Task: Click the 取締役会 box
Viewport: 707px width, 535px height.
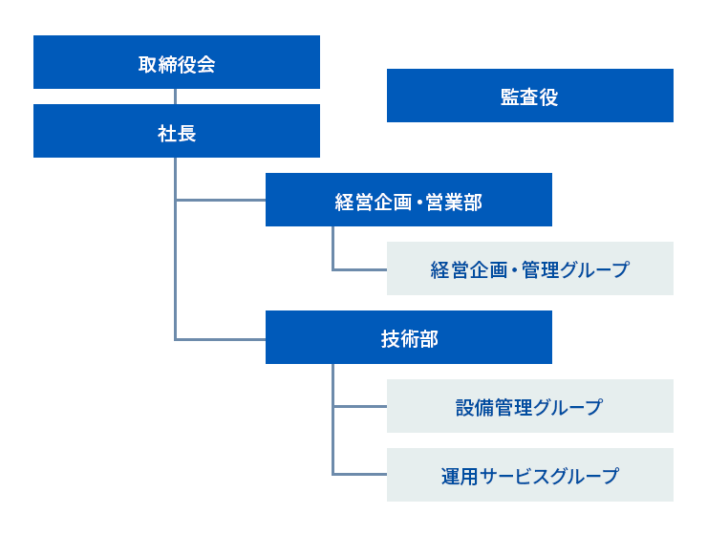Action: (x=177, y=62)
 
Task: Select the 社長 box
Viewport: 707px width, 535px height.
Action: (x=177, y=131)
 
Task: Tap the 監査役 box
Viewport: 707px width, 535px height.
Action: (x=530, y=96)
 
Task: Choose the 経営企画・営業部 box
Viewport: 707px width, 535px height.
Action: (x=409, y=200)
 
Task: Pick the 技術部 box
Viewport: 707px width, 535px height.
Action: (x=409, y=337)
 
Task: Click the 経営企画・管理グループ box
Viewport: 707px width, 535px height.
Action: (x=530, y=268)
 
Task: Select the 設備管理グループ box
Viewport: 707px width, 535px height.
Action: (x=530, y=406)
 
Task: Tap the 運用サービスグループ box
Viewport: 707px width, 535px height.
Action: (x=530, y=475)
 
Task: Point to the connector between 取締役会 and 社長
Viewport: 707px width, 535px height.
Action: (x=175, y=96)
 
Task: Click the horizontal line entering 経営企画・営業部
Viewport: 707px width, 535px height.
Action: (x=221, y=200)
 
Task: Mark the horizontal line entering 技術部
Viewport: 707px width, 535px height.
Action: (x=221, y=339)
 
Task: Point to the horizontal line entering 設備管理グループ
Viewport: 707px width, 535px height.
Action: (x=360, y=407)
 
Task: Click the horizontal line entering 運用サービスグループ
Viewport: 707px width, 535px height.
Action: (x=360, y=474)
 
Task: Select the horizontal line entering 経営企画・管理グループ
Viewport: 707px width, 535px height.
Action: (x=360, y=270)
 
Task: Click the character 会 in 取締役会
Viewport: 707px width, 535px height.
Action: (x=205, y=64)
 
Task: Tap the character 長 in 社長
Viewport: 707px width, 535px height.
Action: (x=186, y=134)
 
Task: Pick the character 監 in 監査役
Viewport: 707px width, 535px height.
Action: (x=510, y=97)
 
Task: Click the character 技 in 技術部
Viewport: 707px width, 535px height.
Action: (x=390, y=339)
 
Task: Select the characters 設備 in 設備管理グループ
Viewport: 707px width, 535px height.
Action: (x=474, y=408)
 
